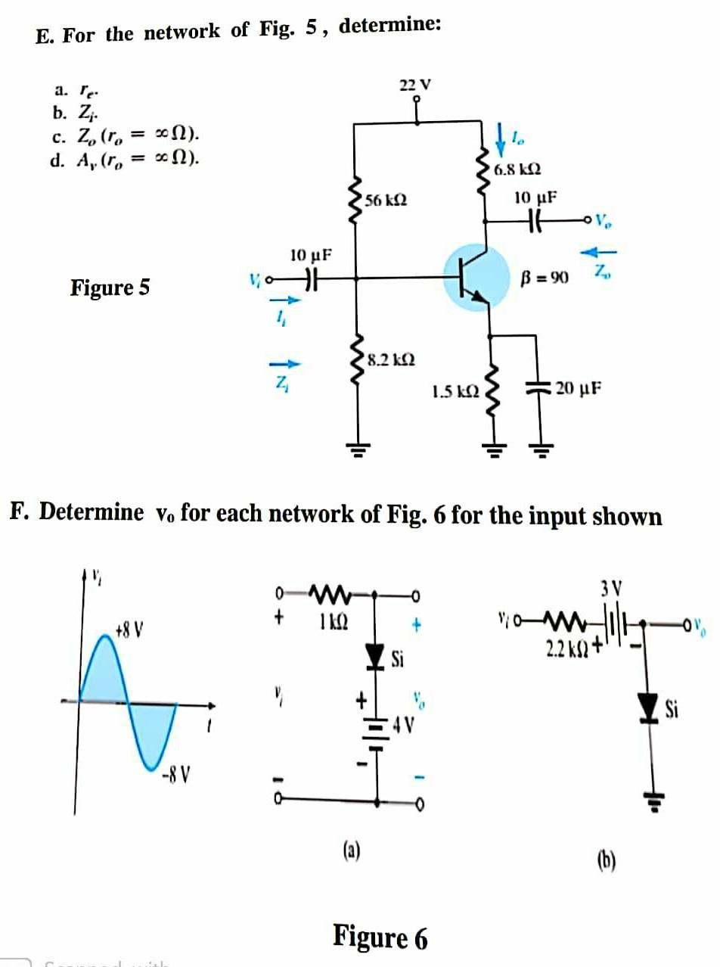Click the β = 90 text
546,278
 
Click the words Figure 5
110,288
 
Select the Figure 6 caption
380,937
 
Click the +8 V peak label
130,629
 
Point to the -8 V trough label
179,777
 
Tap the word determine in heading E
390,26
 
